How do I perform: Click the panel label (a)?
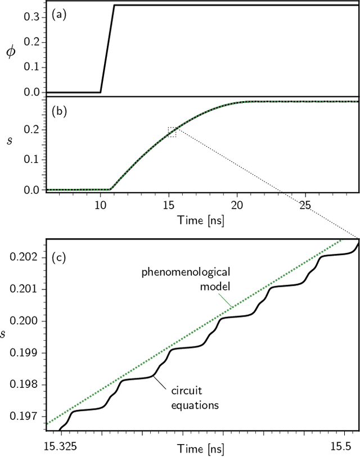click(59, 15)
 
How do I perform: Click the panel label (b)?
click(59, 111)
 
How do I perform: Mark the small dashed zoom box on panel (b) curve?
click(172, 132)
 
